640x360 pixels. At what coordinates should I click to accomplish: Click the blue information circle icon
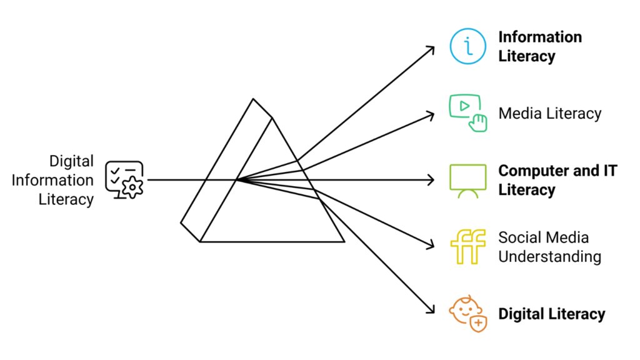(x=467, y=46)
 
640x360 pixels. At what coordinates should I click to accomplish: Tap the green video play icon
(x=467, y=112)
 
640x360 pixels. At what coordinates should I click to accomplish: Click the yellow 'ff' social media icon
(x=467, y=246)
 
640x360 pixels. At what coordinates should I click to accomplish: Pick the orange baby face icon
(x=467, y=314)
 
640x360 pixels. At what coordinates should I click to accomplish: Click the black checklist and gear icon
(x=124, y=179)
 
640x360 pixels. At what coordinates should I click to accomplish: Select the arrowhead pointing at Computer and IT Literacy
(x=432, y=180)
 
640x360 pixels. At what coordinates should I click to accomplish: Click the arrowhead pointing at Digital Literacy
(x=431, y=311)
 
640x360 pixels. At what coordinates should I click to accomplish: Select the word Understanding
(x=550, y=257)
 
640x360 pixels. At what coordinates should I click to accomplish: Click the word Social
(x=516, y=237)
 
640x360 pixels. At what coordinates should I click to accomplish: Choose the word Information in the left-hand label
(x=52, y=180)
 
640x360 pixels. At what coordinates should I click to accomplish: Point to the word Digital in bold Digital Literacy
(x=522, y=314)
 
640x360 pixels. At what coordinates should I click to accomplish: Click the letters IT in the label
(x=610, y=171)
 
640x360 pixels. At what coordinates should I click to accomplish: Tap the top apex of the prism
(x=253, y=99)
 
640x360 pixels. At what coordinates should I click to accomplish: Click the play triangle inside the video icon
(x=464, y=106)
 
